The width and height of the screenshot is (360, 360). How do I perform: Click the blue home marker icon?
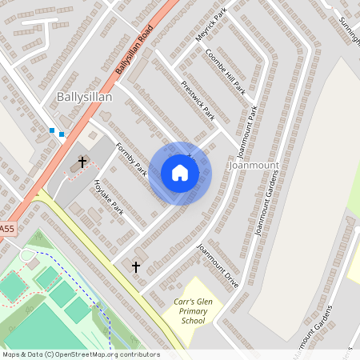coord(180,173)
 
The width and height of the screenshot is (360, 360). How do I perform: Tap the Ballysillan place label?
coord(84,97)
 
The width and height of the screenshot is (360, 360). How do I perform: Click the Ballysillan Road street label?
coord(133,55)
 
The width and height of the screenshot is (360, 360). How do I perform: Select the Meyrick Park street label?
coord(211,25)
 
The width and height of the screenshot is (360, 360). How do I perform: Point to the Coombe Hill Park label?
coord(225,72)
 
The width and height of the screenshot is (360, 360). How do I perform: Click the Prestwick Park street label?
coord(198,100)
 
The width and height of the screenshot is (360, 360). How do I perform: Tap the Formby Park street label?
coord(132,159)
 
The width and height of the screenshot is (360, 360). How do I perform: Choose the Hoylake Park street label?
coord(109,196)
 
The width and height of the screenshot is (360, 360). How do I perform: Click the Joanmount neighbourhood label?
coord(253,165)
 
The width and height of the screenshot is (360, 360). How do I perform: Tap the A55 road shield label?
coord(6,230)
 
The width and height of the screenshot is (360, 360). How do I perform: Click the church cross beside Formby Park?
coord(82,163)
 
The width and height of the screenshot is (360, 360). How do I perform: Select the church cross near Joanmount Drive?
coord(136,266)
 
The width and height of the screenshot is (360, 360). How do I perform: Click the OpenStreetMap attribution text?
coord(80,354)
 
